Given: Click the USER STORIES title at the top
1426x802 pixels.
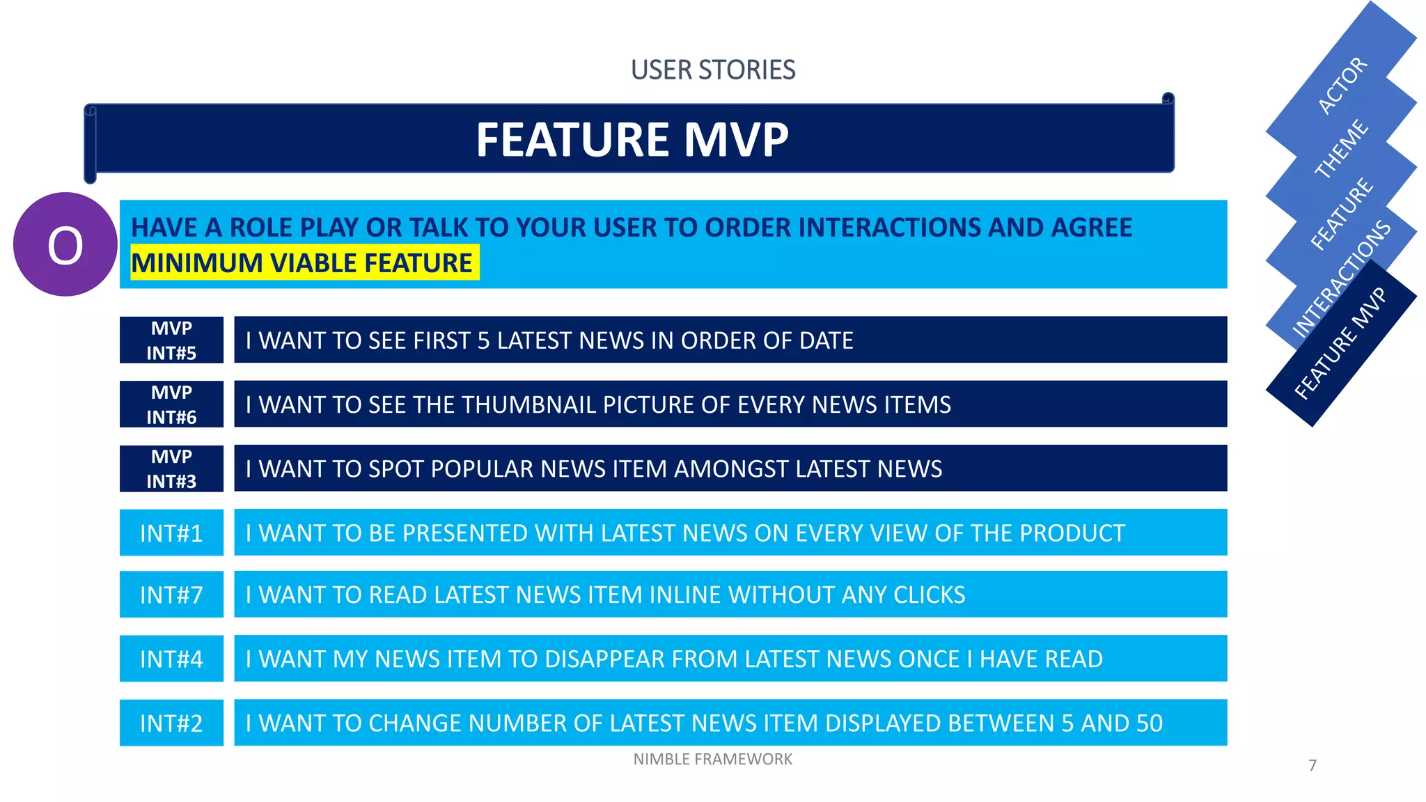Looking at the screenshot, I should point(712,70).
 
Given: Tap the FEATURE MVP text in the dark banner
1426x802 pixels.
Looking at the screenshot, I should point(632,139).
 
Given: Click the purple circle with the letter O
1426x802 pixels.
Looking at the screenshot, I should point(65,244).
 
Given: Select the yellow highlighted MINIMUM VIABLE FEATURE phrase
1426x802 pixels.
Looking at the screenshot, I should point(302,263).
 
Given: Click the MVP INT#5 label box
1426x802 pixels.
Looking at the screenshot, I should point(171,340).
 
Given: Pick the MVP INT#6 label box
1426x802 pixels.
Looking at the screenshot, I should point(171,404).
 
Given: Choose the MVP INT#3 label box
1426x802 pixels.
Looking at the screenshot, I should point(171,469).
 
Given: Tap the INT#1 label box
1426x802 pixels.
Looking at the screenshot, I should point(171,533).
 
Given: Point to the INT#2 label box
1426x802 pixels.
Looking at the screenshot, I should point(171,723).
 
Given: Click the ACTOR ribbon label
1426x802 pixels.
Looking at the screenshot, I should point(1342,86).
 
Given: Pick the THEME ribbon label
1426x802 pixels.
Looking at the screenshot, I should point(1341,148).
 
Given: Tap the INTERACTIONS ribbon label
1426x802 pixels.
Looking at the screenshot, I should point(1341,278).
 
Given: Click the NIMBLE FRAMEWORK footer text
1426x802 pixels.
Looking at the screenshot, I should point(712,760).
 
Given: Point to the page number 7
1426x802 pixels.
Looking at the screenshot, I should point(1313,766).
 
